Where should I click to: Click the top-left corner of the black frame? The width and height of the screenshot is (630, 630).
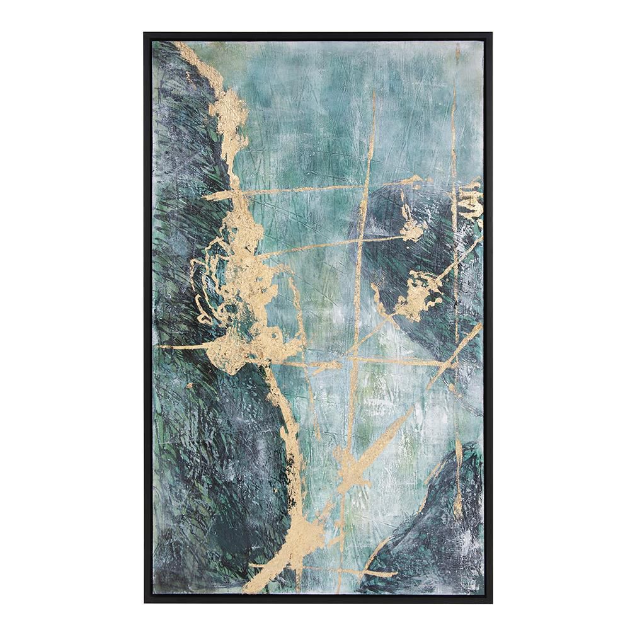coord(144,33)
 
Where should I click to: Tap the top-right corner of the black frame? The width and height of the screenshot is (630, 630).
coord(491,33)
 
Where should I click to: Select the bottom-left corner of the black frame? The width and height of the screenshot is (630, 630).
coord(144,602)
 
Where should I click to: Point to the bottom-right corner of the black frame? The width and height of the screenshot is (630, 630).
coord(491,602)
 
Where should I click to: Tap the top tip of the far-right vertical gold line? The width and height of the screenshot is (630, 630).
coord(454,88)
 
